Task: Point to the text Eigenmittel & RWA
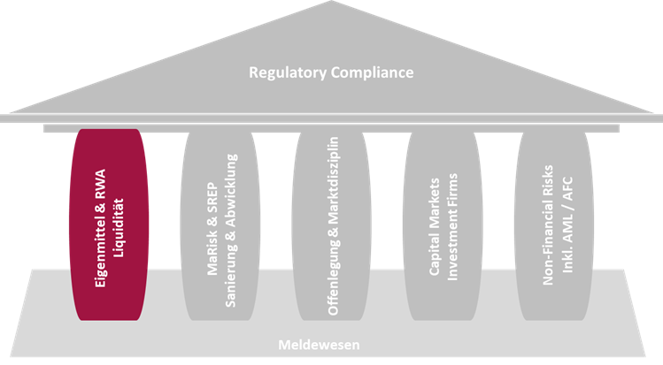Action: (x=99, y=228)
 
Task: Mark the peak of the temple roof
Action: (x=330, y=5)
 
